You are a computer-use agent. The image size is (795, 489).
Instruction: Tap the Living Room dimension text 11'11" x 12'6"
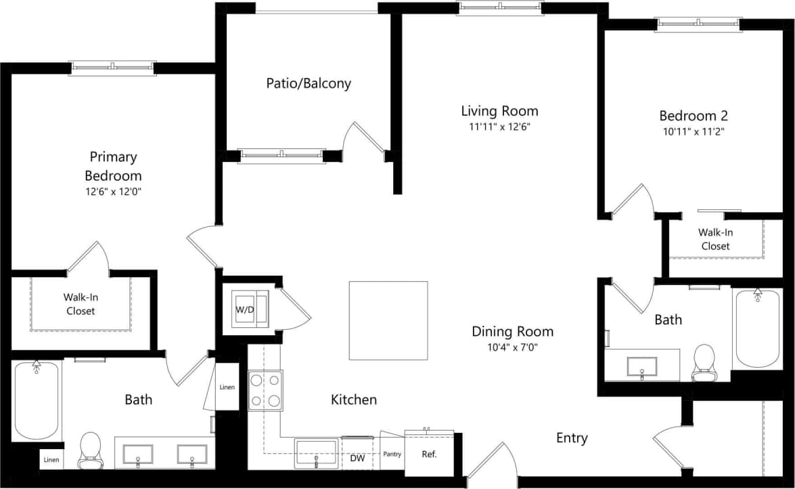click(x=499, y=127)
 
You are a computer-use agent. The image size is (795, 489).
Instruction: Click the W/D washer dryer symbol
click(x=245, y=310)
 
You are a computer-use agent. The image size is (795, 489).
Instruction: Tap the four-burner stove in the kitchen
click(x=265, y=391)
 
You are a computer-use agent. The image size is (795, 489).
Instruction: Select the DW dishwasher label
click(x=357, y=458)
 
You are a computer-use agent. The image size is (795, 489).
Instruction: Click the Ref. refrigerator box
click(x=429, y=454)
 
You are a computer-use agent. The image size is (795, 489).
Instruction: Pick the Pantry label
click(x=392, y=454)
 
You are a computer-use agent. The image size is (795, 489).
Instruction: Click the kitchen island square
click(x=388, y=320)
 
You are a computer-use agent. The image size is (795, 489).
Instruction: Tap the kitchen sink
click(x=317, y=452)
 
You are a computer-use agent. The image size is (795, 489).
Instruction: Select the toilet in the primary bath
click(x=89, y=450)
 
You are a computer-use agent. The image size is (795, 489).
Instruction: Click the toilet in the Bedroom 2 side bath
click(x=704, y=362)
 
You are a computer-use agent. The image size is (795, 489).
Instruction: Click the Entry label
click(x=572, y=438)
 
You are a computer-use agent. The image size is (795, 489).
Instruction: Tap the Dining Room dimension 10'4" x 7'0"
click(x=512, y=347)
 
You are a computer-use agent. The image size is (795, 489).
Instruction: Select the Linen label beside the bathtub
click(x=51, y=461)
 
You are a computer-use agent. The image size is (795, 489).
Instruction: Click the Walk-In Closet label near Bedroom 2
click(x=715, y=239)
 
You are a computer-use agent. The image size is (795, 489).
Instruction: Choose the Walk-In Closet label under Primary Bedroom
click(x=80, y=304)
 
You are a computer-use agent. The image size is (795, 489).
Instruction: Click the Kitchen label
click(x=353, y=400)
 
